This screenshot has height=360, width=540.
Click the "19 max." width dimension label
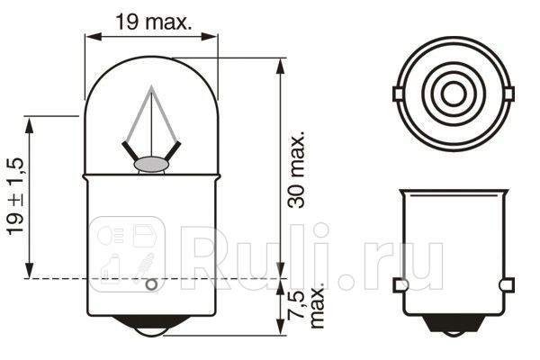coord(154,22)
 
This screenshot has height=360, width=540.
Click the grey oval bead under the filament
coord(150,165)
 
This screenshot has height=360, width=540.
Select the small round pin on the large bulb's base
coord(151,286)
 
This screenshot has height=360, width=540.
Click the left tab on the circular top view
coord(398,93)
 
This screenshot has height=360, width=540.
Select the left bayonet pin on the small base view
coord(400,285)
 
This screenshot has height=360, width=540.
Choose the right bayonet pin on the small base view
coord(508,285)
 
